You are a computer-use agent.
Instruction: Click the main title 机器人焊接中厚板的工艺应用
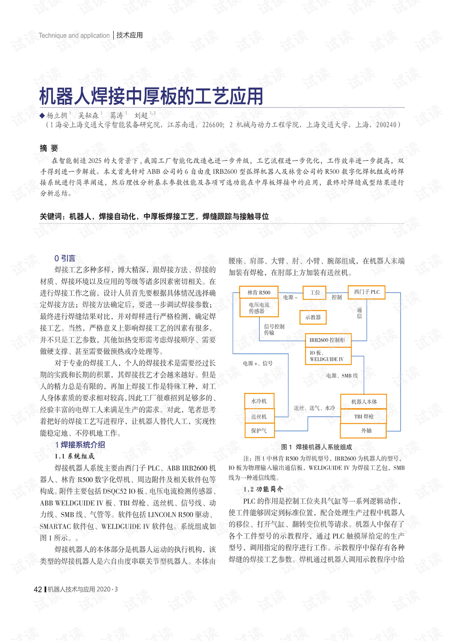click(151, 96)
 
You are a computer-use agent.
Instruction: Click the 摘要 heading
click(49, 148)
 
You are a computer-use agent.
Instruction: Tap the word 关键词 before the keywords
click(51, 216)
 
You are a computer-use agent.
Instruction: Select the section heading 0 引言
click(65, 258)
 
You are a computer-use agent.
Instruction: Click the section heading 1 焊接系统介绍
click(80, 444)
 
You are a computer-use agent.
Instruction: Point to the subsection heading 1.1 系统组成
click(75, 456)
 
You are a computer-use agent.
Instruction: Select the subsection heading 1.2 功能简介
click(263, 489)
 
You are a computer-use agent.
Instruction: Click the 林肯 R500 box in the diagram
click(259, 292)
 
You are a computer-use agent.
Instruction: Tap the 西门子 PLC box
click(367, 292)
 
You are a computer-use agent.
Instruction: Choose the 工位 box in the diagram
click(315, 292)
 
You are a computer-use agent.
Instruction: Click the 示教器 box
click(313, 317)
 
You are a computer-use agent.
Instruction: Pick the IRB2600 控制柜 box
click(327, 340)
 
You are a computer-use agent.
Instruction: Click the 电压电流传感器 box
click(259, 308)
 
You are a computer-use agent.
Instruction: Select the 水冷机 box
click(259, 401)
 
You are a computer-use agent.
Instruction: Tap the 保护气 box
click(259, 430)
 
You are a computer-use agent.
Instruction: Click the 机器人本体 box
click(364, 402)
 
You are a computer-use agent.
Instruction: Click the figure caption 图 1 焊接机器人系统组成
click(316, 447)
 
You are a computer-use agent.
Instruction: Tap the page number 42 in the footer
click(38, 589)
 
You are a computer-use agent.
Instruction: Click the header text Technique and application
click(74, 35)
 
